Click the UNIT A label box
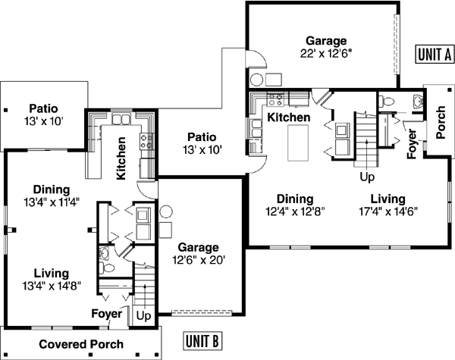point(435,54)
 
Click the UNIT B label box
point(204,340)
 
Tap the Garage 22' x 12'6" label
point(326,47)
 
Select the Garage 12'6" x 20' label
point(198,253)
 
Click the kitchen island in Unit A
point(300,142)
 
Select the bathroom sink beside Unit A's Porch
point(416,100)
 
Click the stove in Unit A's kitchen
point(277,99)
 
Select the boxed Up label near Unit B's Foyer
point(143,314)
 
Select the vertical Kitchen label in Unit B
point(121,158)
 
